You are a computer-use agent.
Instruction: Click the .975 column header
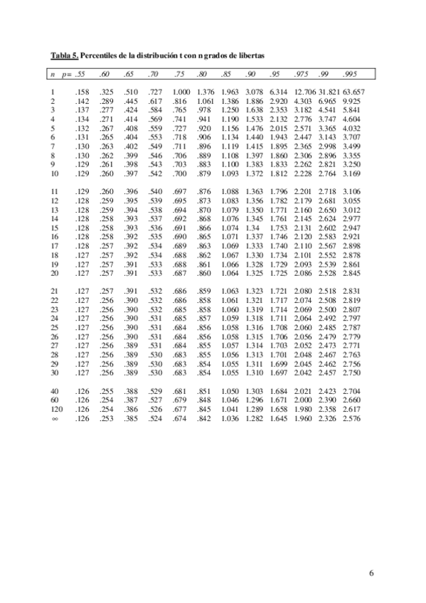302,74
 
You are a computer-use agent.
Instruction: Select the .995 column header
349,74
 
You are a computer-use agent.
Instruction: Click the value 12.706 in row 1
304,92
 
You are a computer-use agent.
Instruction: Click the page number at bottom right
371,572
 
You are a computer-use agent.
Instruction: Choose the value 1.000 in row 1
181,92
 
